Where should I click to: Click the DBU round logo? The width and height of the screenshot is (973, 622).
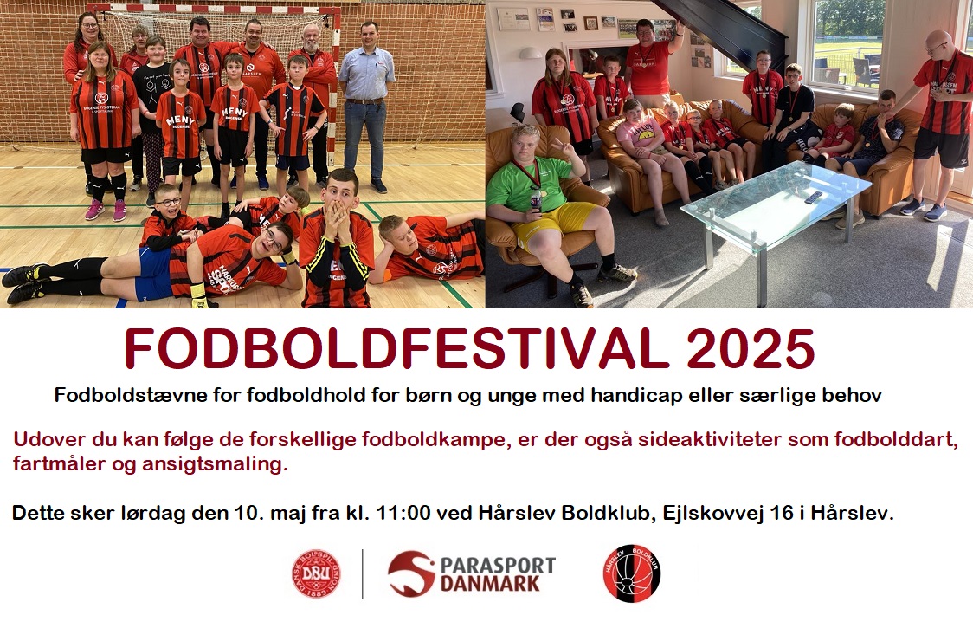(316, 573)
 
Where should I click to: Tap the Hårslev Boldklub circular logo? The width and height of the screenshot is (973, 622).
(632, 573)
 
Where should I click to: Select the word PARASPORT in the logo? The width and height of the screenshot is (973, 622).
(498, 566)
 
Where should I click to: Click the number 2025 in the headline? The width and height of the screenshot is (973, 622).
(751, 349)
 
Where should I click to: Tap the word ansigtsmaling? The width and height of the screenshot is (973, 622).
(216, 464)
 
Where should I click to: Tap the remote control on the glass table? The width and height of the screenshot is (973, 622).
(813, 198)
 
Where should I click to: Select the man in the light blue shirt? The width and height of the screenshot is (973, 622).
(366, 106)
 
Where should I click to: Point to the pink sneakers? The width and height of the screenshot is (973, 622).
(106, 210)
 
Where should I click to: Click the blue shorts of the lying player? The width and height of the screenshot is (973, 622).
(153, 273)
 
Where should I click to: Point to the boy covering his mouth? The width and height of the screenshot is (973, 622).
(337, 239)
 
